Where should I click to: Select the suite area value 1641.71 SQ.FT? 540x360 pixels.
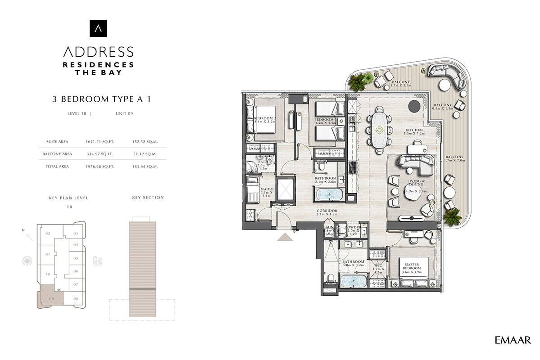point(100,141)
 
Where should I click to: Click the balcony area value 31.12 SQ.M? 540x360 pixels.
point(145,154)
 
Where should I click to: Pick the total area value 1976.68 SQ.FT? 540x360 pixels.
point(100,166)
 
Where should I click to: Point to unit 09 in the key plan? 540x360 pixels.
point(51,298)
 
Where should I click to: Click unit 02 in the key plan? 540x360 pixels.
point(48,234)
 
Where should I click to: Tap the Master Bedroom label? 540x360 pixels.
point(412,266)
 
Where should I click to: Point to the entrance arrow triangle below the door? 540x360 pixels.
point(285,237)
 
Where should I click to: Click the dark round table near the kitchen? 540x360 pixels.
point(414,106)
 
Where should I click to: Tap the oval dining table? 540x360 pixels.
point(379,130)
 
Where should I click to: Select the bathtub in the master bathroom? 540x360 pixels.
point(354,281)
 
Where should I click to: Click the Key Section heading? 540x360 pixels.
point(148,198)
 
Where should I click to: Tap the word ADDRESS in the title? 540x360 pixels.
point(98,51)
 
